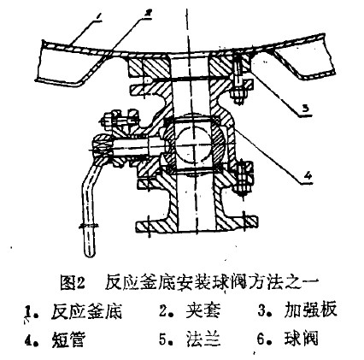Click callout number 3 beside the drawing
tap(305, 109)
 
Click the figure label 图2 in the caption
tap(73, 282)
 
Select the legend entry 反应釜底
tap(87, 311)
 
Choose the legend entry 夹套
tap(203, 310)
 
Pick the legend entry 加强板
tap(311, 310)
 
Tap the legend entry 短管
tap(68, 339)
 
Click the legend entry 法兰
tap(203, 339)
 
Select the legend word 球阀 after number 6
tap(301, 338)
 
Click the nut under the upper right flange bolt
tap(238, 96)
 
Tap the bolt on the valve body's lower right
tap(244, 178)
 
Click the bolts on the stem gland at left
tap(119, 120)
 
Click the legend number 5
tap(162, 339)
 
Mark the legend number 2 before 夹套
tap(162, 311)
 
